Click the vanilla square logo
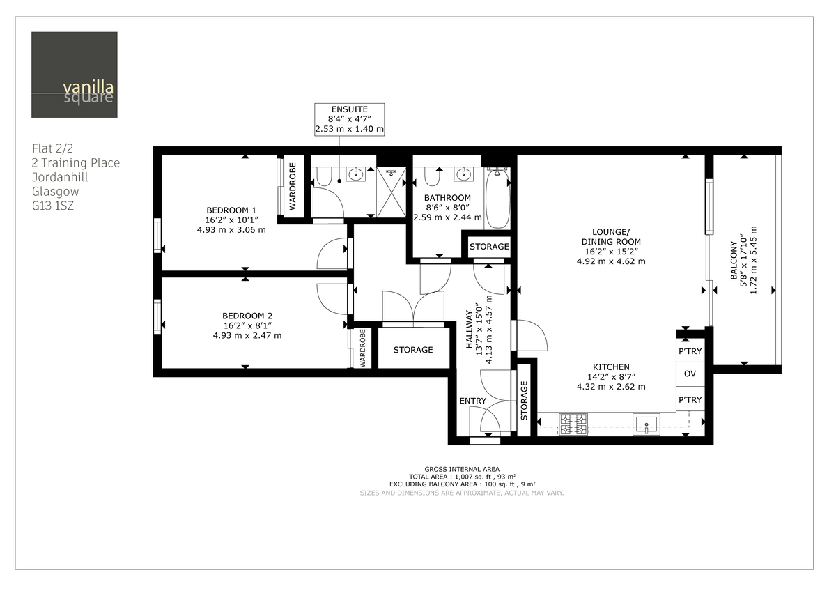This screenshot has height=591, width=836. click(x=75, y=75)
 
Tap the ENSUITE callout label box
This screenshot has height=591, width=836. click(x=350, y=119)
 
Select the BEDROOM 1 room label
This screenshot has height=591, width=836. click(x=231, y=210)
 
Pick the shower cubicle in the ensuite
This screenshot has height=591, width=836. click(x=391, y=192)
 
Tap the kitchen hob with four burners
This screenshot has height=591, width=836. click(x=573, y=423)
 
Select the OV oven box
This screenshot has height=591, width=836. click(x=690, y=374)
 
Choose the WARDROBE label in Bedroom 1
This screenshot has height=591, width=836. click(x=293, y=186)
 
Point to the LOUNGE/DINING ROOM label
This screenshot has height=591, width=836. click(x=610, y=237)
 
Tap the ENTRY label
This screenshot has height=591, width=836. click(x=473, y=401)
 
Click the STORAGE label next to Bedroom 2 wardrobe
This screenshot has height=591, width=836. click(x=412, y=350)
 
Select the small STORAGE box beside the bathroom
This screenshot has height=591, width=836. click(x=488, y=247)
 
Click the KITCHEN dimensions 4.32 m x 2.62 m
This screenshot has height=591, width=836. click(x=611, y=387)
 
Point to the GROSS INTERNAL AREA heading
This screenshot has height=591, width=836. click(x=461, y=469)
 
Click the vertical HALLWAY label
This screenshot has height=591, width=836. click(x=470, y=332)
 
